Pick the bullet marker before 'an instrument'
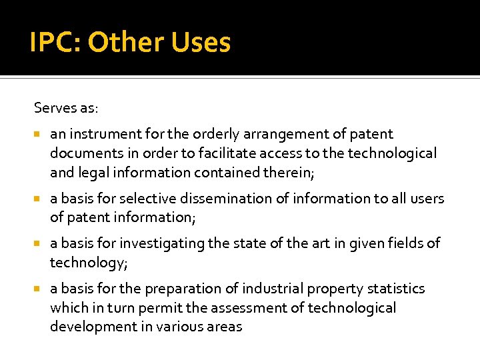coord(39,135)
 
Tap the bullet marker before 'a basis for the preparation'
coord(39,289)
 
